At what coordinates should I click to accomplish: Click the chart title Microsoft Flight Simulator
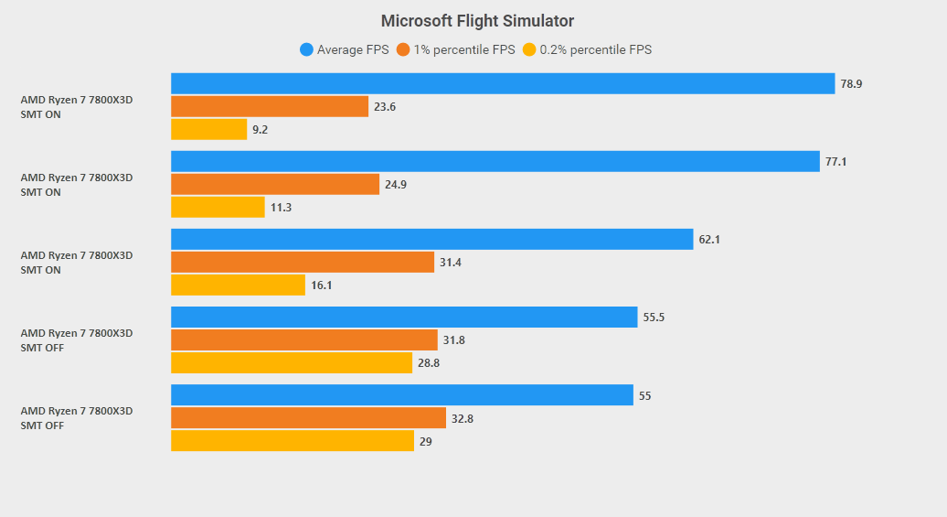[x=477, y=21]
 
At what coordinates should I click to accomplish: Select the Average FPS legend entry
[x=345, y=49]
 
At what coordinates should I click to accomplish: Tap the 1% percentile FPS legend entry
[x=456, y=49]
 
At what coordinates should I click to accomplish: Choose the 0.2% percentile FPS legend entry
[x=587, y=49]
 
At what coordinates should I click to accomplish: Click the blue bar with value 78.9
[x=503, y=83]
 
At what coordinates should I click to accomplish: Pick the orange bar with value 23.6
[x=270, y=106]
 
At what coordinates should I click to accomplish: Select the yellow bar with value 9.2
[x=209, y=129]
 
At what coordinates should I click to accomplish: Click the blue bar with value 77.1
[x=495, y=161]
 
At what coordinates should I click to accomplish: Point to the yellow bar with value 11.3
[x=218, y=208]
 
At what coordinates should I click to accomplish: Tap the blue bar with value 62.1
[x=431, y=240]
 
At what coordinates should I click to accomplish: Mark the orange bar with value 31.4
[x=303, y=263]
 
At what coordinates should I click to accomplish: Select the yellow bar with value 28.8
[x=292, y=362]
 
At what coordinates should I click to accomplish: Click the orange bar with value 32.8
[x=309, y=418]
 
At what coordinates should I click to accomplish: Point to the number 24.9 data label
[x=396, y=185]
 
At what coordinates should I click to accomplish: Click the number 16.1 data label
[x=322, y=285]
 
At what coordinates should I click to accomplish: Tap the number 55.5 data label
[x=654, y=318]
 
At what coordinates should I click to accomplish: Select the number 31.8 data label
[x=453, y=340]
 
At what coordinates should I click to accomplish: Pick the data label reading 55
[x=645, y=396]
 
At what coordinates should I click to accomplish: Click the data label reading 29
[x=426, y=442]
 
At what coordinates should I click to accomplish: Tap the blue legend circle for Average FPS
[x=307, y=49]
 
